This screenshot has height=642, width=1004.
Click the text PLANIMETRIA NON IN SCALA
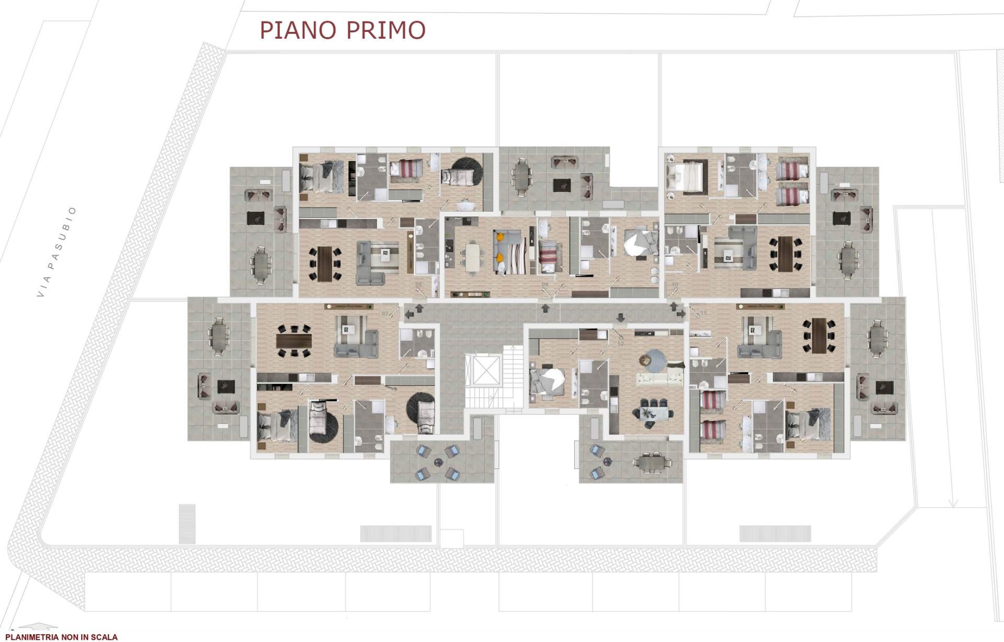pyautogui.click(x=61, y=637)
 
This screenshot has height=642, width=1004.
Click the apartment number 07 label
pyautogui.click(x=385, y=314)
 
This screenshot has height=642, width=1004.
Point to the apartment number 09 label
pyautogui.click(x=545, y=285)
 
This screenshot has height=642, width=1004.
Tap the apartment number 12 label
pyautogui.click(x=621, y=343)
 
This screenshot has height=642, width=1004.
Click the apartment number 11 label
pyautogui.click(x=703, y=313)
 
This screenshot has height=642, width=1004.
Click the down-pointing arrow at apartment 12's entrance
pyautogui.click(x=621, y=317)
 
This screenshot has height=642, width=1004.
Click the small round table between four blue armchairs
pyautogui.click(x=438, y=462)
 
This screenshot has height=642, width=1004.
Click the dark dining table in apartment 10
pyautogui.click(x=785, y=254)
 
